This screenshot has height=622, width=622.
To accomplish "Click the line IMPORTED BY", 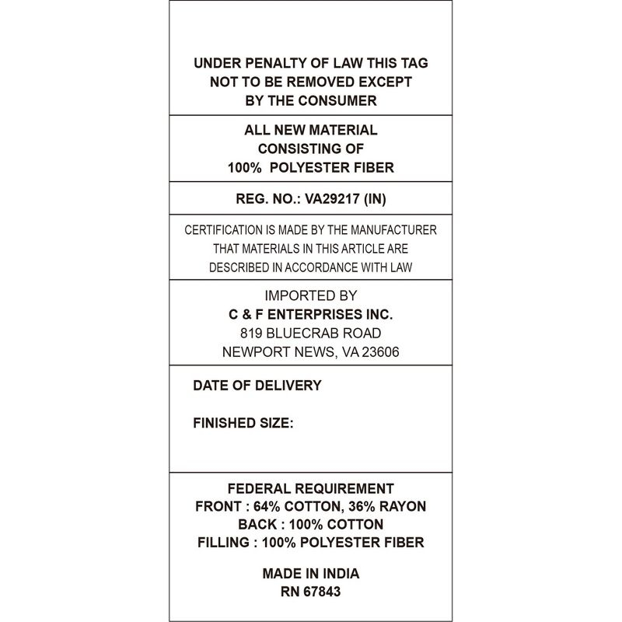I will [x=310, y=295].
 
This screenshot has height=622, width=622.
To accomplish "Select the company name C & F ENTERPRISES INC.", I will [x=310, y=314].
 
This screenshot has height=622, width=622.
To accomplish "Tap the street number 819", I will [x=253, y=333].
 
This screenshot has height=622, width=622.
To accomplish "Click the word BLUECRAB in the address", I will [x=303, y=333].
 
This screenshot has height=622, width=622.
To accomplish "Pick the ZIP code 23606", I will [x=379, y=351].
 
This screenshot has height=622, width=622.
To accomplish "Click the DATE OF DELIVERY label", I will [x=257, y=386].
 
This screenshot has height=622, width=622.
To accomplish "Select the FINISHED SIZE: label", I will [x=243, y=424].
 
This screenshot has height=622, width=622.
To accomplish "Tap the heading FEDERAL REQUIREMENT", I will [x=310, y=489].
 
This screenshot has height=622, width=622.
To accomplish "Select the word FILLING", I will [x=223, y=543].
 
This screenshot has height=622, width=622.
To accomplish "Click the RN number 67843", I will [x=321, y=592].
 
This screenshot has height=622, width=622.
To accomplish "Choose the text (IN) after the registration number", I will [x=373, y=199].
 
